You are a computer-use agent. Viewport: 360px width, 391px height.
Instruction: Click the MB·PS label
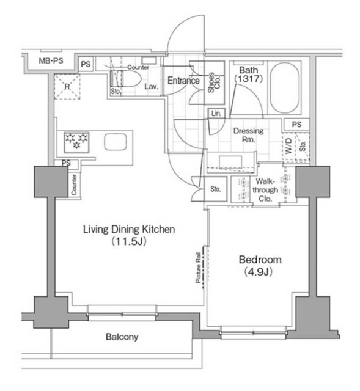(x=51, y=61)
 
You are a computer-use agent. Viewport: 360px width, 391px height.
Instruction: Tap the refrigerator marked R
(x=67, y=86)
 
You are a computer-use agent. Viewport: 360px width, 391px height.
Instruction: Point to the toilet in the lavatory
(x=128, y=79)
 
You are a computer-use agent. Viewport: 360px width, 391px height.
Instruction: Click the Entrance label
(x=184, y=81)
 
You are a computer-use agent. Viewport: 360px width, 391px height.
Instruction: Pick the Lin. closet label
(x=216, y=113)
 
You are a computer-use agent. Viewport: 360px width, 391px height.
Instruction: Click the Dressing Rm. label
(x=249, y=135)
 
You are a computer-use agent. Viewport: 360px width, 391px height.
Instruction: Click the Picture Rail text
(x=199, y=268)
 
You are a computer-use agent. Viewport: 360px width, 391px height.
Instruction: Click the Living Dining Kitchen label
(x=130, y=235)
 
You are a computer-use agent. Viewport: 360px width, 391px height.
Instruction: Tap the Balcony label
(x=122, y=337)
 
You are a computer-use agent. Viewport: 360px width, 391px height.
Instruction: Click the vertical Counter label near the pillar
(x=74, y=184)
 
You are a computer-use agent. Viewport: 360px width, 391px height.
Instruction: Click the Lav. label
(x=152, y=87)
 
